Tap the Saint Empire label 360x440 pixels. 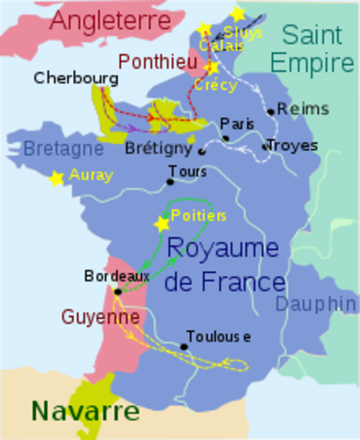(317, 49)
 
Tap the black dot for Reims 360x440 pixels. (270, 112)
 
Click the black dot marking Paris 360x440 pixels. (225, 138)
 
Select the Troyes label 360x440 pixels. (293, 145)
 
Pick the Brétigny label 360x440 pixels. (158, 148)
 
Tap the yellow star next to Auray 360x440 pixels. (57, 179)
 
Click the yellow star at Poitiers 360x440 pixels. (162, 223)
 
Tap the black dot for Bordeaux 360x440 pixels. (117, 291)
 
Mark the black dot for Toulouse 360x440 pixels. (184, 346)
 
